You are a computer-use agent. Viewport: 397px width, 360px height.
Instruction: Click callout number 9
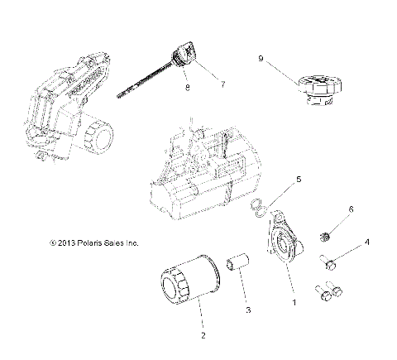point(261,59)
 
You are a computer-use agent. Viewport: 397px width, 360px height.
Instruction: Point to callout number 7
point(221,83)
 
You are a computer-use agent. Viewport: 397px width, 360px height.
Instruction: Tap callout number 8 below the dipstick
point(187,87)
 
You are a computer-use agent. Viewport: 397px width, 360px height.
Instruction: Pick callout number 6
point(351,209)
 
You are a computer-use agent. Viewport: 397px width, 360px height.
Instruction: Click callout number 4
point(367,242)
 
